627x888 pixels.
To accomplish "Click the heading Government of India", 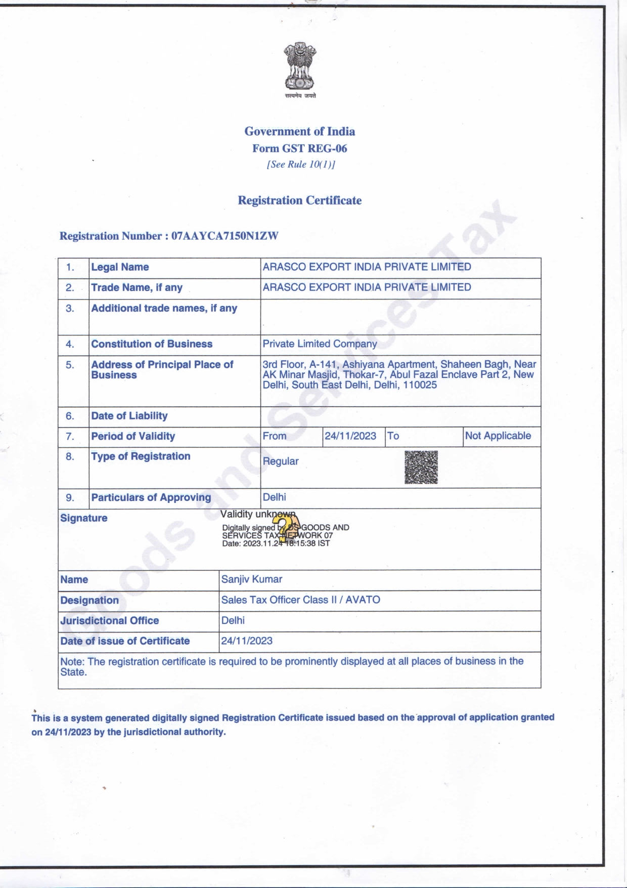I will pos(300,132).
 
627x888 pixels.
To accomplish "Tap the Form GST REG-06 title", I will pos(300,148).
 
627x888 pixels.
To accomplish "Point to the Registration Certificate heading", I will pos(300,200).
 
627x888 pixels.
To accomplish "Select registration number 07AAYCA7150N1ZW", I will pos(225,236).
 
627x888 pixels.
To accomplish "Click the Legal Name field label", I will pos(120,267).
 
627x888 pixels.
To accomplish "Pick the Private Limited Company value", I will pos(320,344).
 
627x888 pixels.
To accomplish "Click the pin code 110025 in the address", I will pos(420,385).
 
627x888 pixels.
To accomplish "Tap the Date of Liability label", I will pos(129,416).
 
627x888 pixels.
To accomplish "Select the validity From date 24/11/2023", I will pos(350,436).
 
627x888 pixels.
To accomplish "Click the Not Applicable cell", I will pos(498,436).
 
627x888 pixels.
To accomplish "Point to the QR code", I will pos(421,467).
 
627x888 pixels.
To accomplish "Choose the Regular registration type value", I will pos(281,461).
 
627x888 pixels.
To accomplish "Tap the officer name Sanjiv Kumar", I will pos(252,579).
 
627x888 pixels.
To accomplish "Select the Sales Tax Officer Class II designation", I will pos(300,600).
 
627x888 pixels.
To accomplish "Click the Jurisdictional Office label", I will pos(110,621).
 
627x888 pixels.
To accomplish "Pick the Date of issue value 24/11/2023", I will pos(247,641).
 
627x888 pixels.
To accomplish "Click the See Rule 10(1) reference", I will pos(300,164).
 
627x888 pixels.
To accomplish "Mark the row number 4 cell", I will pos(70,345).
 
